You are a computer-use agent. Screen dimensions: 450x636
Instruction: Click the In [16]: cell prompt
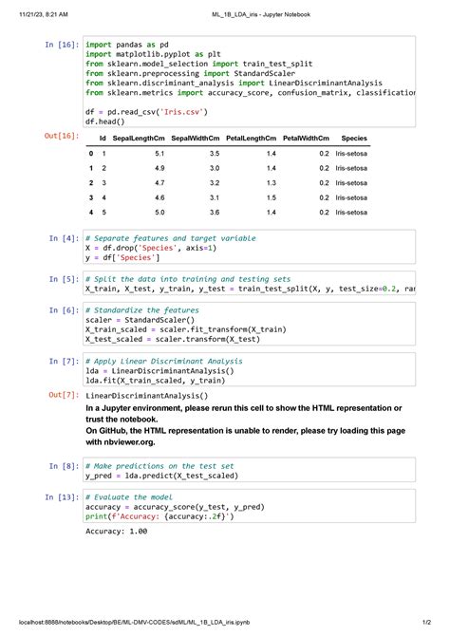(x=61, y=45)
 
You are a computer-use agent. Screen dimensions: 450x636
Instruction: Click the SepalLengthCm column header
(x=139, y=139)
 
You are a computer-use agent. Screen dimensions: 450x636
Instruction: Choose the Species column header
(x=353, y=139)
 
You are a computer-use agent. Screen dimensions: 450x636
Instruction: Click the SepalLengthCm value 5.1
(x=159, y=153)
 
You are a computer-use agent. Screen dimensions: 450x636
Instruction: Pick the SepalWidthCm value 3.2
(x=215, y=182)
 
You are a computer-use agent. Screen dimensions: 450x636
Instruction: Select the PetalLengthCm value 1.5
(x=271, y=197)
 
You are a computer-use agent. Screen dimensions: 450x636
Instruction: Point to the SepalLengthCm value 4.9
(x=159, y=168)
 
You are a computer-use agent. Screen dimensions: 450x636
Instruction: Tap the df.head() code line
(x=103, y=122)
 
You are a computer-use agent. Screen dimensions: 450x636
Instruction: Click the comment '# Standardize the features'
(x=141, y=310)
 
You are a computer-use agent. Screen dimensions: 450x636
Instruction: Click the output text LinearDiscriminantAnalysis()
(x=146, y=395)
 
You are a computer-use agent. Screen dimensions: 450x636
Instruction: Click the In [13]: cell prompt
(x=63, y=496)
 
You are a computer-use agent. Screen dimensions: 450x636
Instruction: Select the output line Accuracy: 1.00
(x=117, y=532)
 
